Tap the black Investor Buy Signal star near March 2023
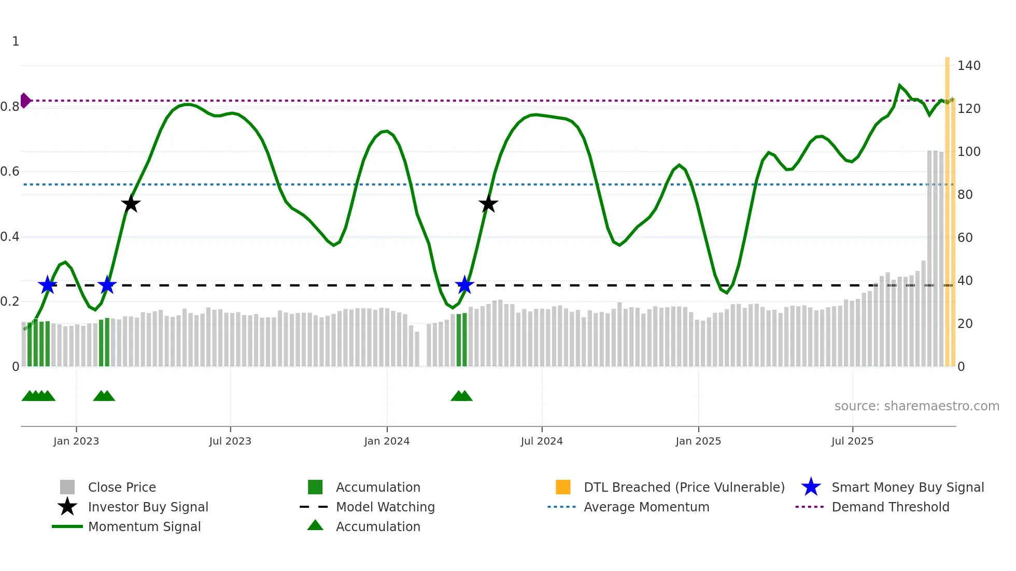pyautogui.click(x=131, y=204)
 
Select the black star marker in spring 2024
pyautogui.click(x=488, y=204)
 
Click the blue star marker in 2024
pyautogui.click(x=464, y=285)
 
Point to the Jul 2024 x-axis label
pyautogui.click(x=542, y=441)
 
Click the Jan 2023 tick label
pyautogui.click(x=76, y=441)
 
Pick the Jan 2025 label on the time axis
pyautogui.click(x=698, y=441)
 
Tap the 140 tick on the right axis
pyautogui.click(x=969, y=66)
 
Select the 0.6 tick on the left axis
pyautogui.click(x=10, y=172)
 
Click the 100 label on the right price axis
pyautogui.click(x=969, y=152)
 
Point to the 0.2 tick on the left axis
pyautogui.click(x=10, y=302)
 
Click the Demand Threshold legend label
pyautogui.click(x=890, y=507)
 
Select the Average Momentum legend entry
pyautogui.click(x=646, y=507)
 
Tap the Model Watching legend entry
pyautogui.click(x=385, y=507)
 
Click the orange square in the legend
pyautogui.click(x=563, y=487)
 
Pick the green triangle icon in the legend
pyautogui.click(x=315, y=525)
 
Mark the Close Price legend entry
pyautogui.click(x=121, y=487)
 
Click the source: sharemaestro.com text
pyautogui.click(x=916, y=406)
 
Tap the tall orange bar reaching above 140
pyautogui.click(x=947, y=207)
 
